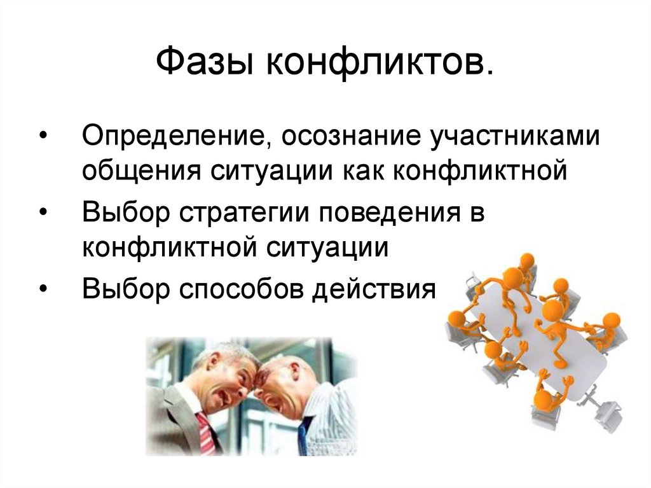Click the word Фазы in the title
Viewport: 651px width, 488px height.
coord(204,61)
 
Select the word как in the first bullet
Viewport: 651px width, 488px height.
coord(363,171)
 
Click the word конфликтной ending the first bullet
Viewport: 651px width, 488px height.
coord(480,171)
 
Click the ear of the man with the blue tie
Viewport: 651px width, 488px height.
coord(295,370)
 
